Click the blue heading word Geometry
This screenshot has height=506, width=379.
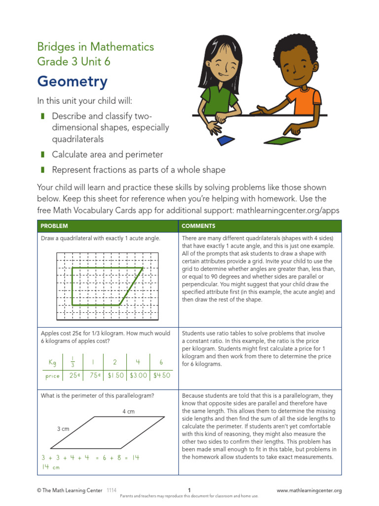(x=72, y=82)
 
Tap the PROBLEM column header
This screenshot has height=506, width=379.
(x=54, y=226)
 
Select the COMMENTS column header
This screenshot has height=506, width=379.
(x=198, y=226)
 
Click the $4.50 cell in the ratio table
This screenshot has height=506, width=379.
(x=161, y=376)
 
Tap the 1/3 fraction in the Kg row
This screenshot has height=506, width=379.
(x=72, y=362)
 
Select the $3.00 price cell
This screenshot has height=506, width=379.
(x=138, y=376)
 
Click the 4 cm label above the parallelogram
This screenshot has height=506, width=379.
(x=128, y=412)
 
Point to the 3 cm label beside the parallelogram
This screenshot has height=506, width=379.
(x=63, y=429)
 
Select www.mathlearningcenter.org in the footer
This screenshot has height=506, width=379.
(x=309, y=491)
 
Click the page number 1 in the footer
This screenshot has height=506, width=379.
(x=189, y=490)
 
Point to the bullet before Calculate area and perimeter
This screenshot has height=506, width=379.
(x=42, y=155)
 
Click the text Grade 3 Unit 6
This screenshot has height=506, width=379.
(x=74, y=62)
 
